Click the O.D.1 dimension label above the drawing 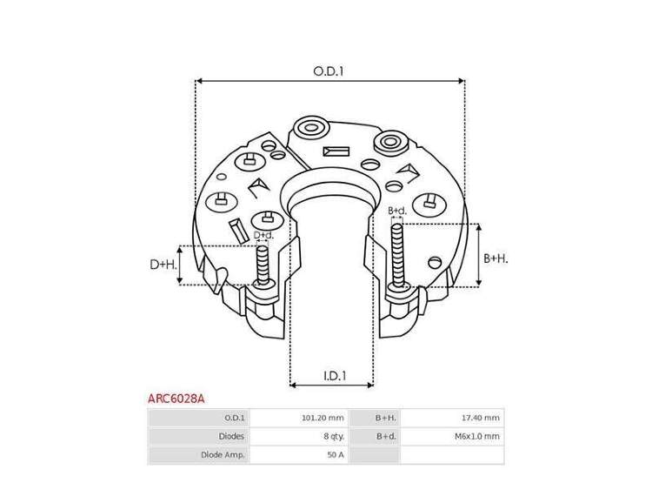(x=329, y=71)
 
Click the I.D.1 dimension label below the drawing (x=335, y=376)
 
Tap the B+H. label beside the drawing (x=496, y=258)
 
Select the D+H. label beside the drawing (x=163, y=265)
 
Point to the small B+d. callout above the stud (x=397, y=211)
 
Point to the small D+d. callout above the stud (x=263, y=235)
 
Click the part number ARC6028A (x=176, y=399)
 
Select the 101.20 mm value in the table (x=323, y=418)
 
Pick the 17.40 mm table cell (x=480, y=418)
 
